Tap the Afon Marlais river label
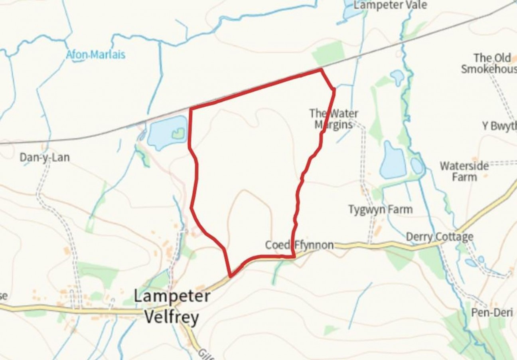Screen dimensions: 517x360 [x=95, y=55]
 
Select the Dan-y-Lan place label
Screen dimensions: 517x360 [x=45, y=158]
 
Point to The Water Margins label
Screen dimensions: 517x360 [x=334, y=119]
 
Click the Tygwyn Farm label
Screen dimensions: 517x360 [x=380, y=210]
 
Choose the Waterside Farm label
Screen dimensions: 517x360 [x=464, y=171]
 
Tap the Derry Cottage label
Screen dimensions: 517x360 [x=439, y=237]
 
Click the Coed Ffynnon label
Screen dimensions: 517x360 [x=299, y=245]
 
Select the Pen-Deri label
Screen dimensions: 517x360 [x=492, y=313]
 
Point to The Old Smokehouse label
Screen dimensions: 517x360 [x=491, y=63]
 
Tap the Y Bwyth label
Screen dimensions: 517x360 [x=499, y=126]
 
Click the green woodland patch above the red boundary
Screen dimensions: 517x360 [x=329, y=53]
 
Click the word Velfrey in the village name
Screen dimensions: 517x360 [x=172, y=318]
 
